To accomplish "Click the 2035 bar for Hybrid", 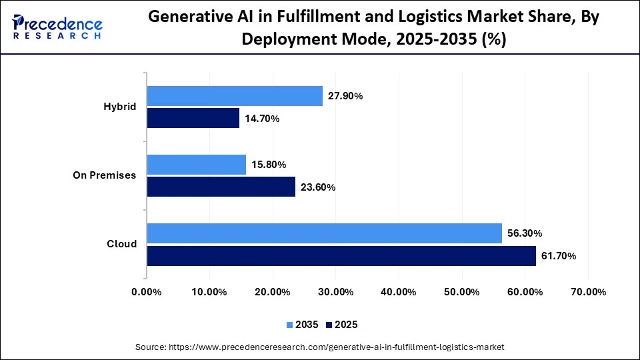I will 235,96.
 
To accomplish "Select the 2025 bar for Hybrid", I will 193,118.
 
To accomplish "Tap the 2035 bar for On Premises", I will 197,165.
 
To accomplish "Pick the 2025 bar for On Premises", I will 221,187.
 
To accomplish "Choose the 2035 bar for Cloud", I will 324,233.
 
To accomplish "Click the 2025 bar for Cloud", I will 341,255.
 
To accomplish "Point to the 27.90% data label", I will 345,96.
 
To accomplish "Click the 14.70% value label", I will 262,119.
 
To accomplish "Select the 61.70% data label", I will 559,256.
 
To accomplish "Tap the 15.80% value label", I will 269,165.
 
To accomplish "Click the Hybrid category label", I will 120,107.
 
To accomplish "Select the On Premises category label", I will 105,175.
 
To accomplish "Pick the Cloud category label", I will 122,244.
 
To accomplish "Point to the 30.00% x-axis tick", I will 335,291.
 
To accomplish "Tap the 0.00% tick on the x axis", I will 147,291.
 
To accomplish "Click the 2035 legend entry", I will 303,325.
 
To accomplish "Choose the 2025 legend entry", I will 342,325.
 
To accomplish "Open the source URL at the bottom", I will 320,347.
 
